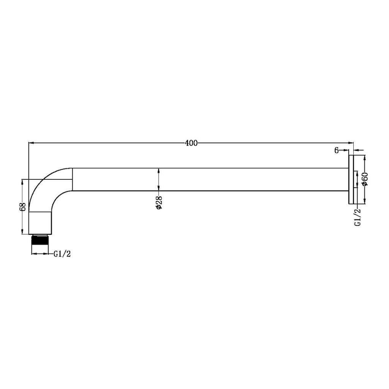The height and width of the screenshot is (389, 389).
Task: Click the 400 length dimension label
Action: pos(191,143)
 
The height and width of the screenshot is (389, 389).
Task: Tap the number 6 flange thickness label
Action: pos(336,150)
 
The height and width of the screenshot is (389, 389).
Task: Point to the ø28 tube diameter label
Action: pos(159,204)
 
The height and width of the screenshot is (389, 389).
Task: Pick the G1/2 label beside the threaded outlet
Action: pos(62,254)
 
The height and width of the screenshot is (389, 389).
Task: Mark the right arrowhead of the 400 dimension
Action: pos(351,143)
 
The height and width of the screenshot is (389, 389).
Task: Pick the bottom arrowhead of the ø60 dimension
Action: pos(365,201)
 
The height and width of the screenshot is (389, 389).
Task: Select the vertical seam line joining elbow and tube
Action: pos(72,179)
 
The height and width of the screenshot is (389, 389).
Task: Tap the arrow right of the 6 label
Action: pos(345,150)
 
